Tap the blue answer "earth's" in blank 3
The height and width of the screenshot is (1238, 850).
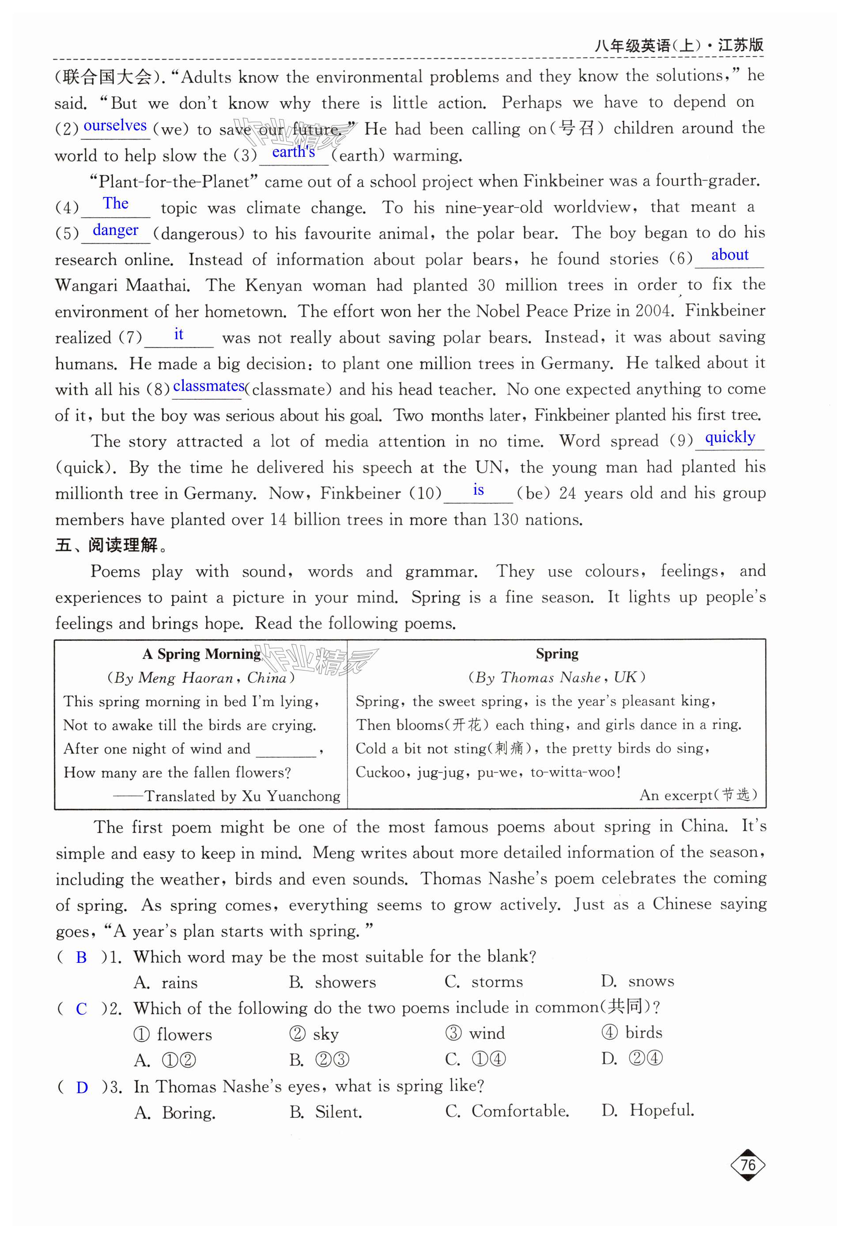click(294, 152)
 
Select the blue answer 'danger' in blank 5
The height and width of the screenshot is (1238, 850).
click(115, 230)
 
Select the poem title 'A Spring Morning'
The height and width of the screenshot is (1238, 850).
click(201, 654)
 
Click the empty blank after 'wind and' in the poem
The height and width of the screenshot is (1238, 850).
click(286, 749)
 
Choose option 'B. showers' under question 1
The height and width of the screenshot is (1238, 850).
click(332, 982)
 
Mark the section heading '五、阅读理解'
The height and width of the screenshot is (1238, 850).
click(112, 545)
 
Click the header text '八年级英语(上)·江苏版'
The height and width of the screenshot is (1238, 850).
click(679, 45)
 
